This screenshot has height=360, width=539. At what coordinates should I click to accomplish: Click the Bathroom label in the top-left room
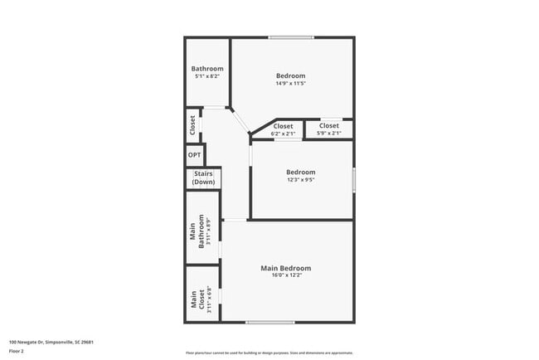[207, 69]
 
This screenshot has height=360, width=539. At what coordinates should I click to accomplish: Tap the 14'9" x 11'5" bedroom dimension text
[291, 83]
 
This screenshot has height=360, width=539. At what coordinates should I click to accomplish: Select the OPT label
[194, 155]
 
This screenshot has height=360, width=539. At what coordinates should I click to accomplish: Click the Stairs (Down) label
[202, 178]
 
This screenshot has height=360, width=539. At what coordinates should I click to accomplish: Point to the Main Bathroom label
[197, 227]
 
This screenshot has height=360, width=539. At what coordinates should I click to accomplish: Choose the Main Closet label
[197, 298]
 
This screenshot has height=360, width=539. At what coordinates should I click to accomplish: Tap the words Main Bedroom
[285, 268]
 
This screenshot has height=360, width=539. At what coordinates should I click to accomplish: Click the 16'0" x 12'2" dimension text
[285, 276]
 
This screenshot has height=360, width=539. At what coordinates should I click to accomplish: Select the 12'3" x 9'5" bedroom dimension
[301, 180]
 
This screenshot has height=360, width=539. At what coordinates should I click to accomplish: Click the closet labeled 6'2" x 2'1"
[284, 129]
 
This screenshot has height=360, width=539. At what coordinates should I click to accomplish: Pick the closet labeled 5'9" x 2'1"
[329, 129]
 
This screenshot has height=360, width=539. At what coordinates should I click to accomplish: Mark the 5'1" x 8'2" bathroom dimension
[207, 76]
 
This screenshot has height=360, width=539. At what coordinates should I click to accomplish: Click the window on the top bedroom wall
[290, 37]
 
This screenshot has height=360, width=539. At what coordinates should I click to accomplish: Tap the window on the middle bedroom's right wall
[353, 180]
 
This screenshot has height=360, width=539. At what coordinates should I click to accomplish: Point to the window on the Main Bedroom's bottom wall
[269, 322]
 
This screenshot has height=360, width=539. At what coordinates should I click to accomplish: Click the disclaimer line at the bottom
[269, 353]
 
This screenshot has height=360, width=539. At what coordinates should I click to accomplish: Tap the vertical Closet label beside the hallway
[192, 126]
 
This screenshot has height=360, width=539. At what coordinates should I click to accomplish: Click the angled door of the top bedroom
[240, 121]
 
